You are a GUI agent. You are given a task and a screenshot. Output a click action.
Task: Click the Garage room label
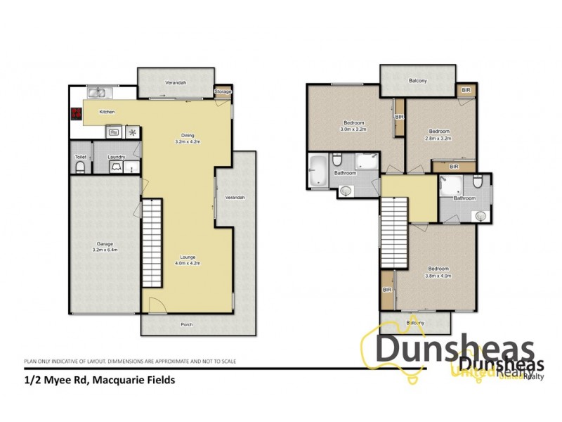point(103,243)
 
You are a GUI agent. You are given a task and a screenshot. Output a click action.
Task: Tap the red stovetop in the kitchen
point(75,113)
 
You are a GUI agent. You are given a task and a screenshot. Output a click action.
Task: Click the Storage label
point(223,91)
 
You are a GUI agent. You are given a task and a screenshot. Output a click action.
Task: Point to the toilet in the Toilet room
point(81,166)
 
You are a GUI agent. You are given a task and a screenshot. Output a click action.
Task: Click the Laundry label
point(116,157)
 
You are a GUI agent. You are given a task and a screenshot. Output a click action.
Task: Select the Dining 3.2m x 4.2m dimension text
point(188,142)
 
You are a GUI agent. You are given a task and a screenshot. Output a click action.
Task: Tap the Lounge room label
point(188,257)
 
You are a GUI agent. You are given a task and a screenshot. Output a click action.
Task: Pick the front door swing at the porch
point(157,305)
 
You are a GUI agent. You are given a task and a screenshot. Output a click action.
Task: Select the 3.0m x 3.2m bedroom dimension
point(354,129)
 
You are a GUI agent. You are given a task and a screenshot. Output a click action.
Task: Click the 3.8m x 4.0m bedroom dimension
point(439,276)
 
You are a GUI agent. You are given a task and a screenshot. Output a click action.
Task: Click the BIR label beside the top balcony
point(466,91)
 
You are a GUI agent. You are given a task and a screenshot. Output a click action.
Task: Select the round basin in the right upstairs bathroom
point(481,216)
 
